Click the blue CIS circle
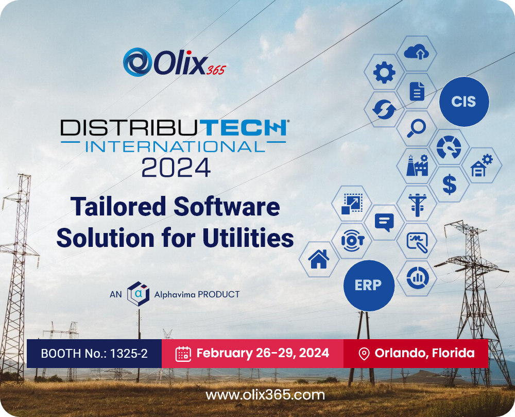coord(463,102)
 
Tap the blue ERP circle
coord(368,285)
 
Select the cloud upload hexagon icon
coord(417,52)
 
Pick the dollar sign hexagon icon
coord(449,184)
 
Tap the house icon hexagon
coord(319,259)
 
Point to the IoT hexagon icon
coord(352,240)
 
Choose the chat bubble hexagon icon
coord(384,222)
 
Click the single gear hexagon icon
coord(384,72)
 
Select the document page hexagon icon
coord(417,91)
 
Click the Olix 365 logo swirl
coord(136,62)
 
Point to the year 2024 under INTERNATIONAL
coord(176,167)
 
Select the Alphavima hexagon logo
coord(138,294)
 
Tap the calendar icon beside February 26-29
coord(183,354)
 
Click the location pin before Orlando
coord(364,354)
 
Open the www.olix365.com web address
coord(265,395)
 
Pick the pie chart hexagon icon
coord(417,278)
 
